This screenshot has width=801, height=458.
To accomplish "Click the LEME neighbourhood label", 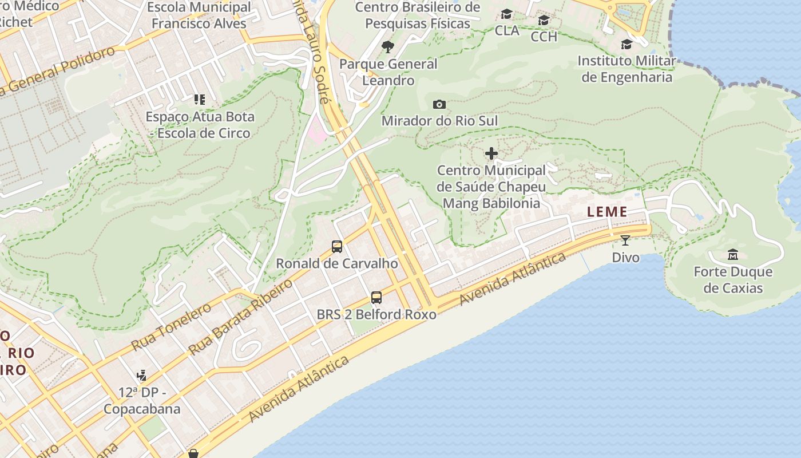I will click(x=607, y=212).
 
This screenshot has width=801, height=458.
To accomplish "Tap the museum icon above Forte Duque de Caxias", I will click(x=732, y=254).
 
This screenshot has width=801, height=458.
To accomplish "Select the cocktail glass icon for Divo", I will click(x=625, y=240).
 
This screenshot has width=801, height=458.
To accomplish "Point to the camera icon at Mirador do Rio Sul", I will click(x=439, y=104).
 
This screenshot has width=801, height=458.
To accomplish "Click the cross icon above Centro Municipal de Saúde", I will click(x=491, y=153).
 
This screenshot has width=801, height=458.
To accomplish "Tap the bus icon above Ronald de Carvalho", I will click(x=337, y=247).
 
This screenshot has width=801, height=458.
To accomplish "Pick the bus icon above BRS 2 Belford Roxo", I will click(x=376, y=298).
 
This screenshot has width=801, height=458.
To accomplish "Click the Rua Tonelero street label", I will click(x=171, y=326).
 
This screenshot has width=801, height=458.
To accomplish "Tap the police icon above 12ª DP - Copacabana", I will click(x=141, y=376).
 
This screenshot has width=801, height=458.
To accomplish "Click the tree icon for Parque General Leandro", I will click(x=388, y=46).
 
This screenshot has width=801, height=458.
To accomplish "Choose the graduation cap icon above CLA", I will click(x=506, y=14).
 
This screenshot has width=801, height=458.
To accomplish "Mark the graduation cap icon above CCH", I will click(x=544, y=21).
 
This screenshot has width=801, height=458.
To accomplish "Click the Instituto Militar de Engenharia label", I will click(x=626, y=69).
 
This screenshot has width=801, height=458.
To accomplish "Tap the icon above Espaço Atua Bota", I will click(x=199, y=100).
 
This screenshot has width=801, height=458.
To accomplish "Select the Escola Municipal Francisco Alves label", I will click(x=199, y=15).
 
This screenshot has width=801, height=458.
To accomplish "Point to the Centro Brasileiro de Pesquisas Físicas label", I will click(x=418, y=15).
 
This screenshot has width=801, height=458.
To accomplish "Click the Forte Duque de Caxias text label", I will click(x=733, y=279).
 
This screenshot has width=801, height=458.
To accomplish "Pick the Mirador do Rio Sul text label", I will click(x=439, y=121).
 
